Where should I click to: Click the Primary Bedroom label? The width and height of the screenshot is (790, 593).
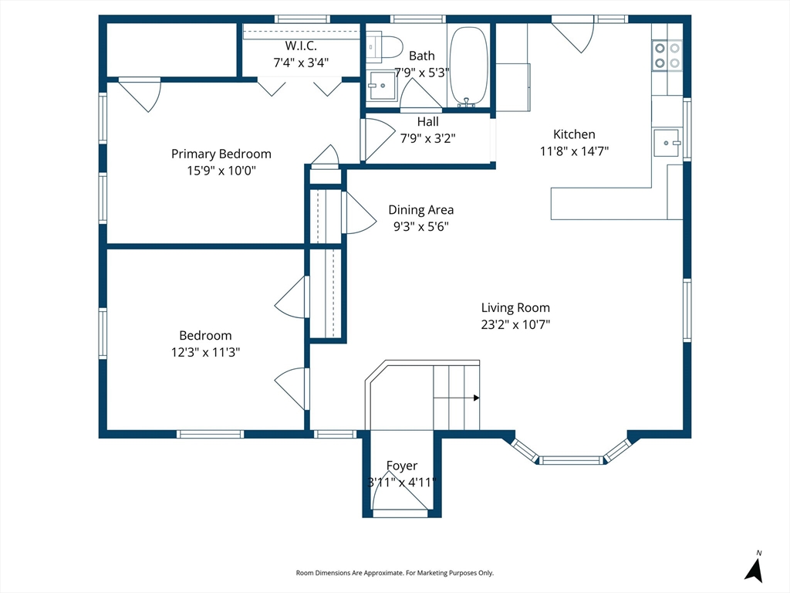tap(221, 154)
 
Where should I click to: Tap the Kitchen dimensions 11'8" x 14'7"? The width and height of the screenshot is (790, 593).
tap(574, 151)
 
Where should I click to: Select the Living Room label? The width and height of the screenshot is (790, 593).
tap(515, 307)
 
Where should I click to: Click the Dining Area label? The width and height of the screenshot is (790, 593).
tap(420, 210)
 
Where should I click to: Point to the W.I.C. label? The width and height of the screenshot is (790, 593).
tap(301, 46)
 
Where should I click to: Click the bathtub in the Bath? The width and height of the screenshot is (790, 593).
tap(468, 66)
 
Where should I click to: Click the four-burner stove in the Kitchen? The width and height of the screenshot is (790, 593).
tap(667, 56)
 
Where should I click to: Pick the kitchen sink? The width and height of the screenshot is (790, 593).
tap(667, 143)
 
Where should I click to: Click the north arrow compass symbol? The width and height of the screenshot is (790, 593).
tap(755, 568)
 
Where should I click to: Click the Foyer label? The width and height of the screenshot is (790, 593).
tap(401, 466)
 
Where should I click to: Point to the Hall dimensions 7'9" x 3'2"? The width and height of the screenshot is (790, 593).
tap(427, 138)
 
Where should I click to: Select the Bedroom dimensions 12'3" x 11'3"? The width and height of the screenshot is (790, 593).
tap(205, 352)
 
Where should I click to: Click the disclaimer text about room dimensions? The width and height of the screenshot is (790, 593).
tap(394, 573)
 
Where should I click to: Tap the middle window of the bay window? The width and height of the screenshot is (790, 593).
tap(572, 460)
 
